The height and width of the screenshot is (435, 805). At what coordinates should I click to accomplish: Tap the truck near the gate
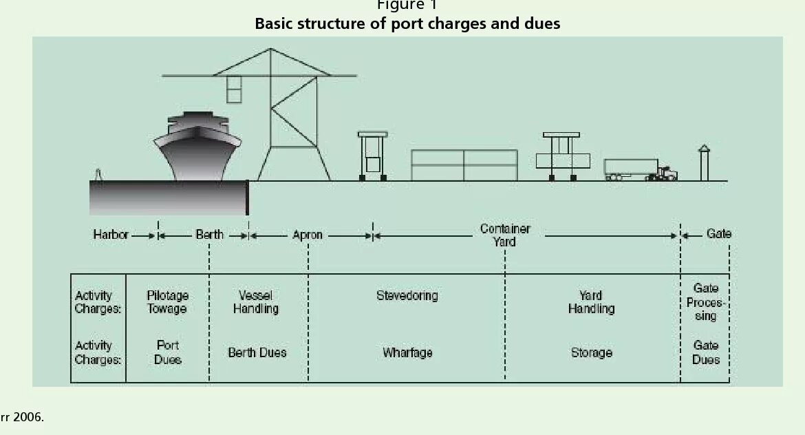tap(640, 169)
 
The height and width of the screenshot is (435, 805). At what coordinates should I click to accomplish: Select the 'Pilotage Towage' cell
tap(167, 302)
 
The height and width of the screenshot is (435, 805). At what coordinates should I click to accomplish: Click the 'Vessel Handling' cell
tap(256, 302)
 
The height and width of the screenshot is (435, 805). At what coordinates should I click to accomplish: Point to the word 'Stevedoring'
tap(407, 296)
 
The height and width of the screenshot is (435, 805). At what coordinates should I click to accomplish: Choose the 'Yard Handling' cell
tap(591, 302)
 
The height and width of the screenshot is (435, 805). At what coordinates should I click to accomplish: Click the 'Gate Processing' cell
tap(705, 302)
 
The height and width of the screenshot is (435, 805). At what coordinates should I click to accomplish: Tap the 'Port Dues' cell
tap(168, 352)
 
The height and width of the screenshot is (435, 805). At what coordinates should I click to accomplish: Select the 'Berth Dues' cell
tap(257, 352)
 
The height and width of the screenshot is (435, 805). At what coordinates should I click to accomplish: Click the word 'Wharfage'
tap(407, 352)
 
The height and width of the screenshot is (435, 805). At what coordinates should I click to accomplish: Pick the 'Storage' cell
tap(591, 352)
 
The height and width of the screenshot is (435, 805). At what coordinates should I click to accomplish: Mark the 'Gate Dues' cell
tap(706, 352)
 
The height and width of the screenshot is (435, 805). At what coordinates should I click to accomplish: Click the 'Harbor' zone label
tap(111, 235)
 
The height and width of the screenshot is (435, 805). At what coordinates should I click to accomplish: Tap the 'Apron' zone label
tap(308, 235)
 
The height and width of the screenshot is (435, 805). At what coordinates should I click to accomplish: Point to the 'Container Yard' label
tap(505, 235)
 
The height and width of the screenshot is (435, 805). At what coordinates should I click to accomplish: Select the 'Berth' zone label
tap(209, 235)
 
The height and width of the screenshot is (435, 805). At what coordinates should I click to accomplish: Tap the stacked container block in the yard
tap(464, 165)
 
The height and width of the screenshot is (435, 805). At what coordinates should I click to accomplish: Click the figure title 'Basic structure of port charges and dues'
tap(407, 24)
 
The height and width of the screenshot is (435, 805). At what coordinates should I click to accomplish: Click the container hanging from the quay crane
tap(234, 89)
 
